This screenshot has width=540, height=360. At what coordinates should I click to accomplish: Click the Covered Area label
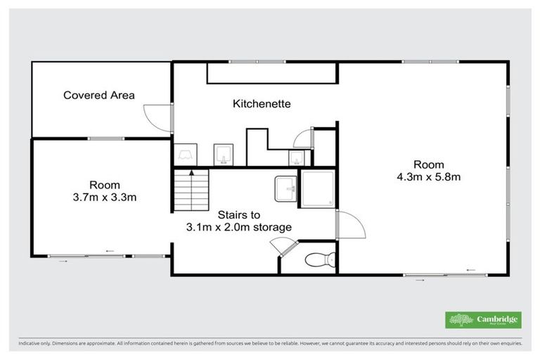coord(99,95)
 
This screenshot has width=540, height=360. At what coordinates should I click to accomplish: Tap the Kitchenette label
coord(262,103)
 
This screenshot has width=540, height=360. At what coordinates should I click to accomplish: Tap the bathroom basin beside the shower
coord(286,188)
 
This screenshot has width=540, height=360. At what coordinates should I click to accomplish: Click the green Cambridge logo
coord(483,319)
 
